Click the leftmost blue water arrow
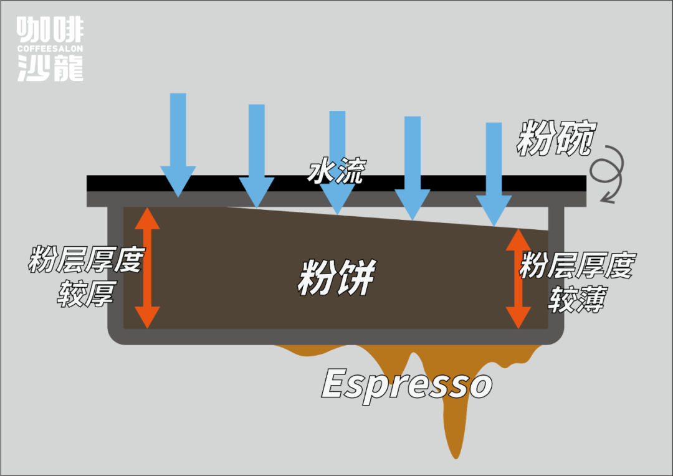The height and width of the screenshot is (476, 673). coord(178,143)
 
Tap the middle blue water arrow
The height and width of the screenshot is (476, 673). coord(337,161)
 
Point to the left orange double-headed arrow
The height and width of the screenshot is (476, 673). coord(148,267)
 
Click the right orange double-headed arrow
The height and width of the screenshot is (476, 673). coord(518,278)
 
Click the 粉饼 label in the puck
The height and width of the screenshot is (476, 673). coord(336,278)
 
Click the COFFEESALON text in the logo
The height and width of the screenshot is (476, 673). coord(50,49)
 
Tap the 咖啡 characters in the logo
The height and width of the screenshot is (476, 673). coord(50,29)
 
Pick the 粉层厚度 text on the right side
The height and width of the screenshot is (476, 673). coord(576,266)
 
